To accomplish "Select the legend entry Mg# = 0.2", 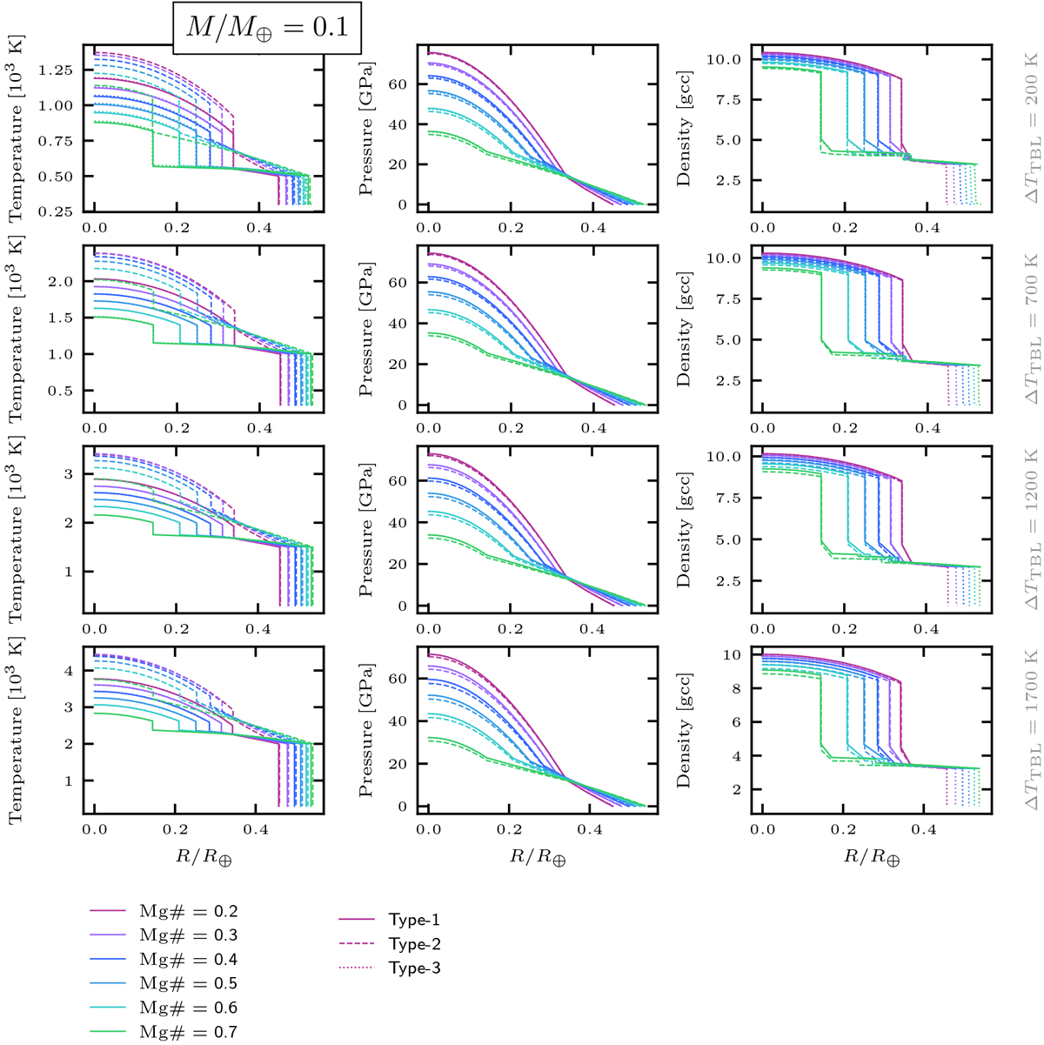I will point(189,912).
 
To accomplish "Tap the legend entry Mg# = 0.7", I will point(189,1033).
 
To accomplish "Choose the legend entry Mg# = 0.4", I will point(189,960).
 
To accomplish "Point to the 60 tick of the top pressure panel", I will point(397,84).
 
